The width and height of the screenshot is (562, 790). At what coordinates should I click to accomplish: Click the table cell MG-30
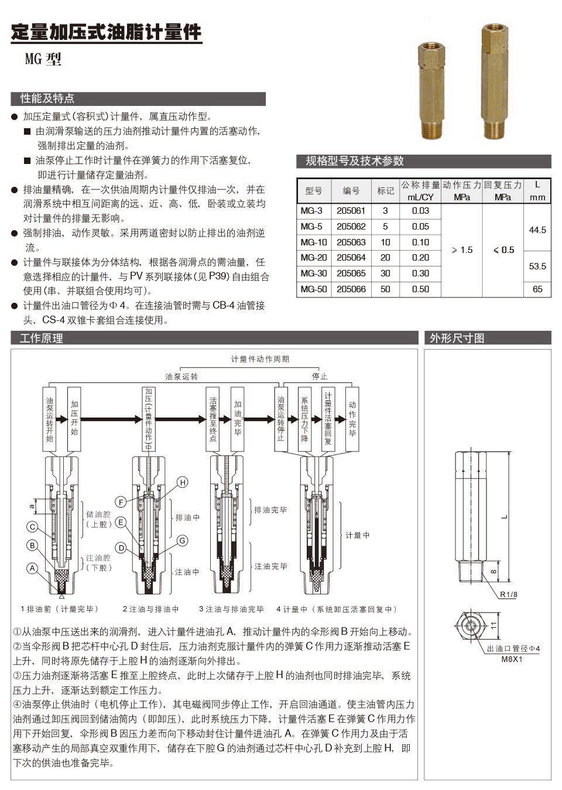[x=314, y=273]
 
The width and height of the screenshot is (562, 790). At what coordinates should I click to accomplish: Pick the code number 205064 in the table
[x=351, y=258]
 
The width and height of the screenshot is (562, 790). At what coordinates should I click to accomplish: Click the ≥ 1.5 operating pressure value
[x=461, y=250]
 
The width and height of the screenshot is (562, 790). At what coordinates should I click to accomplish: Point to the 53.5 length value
[x=537, y=266]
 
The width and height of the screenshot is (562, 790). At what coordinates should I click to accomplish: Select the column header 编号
[x=351, y=191]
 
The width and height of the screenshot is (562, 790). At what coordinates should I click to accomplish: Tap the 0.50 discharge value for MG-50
[x=420, y=289]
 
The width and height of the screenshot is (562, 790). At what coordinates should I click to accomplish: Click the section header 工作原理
[x=41, y=338]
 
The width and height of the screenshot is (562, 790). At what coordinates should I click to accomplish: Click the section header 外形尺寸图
[x=457, y=338]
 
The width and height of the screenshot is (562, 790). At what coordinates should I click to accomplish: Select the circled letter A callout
[x=33, y=568]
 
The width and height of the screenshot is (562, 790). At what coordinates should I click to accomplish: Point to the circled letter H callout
[x=183, y=482]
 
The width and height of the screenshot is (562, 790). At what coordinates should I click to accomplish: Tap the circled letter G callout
[x=182, y=541]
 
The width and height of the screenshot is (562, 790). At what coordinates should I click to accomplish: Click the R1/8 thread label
[x=508, y=594]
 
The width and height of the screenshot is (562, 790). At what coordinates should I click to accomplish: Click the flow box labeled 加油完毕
[x=237, y=419]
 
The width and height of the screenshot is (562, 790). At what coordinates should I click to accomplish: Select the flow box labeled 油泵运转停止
[x=281, y=419]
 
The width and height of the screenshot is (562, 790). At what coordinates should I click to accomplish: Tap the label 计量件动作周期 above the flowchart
[x=260, y=359]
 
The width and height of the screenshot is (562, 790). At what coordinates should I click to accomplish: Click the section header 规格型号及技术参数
[x=354, y=162]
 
